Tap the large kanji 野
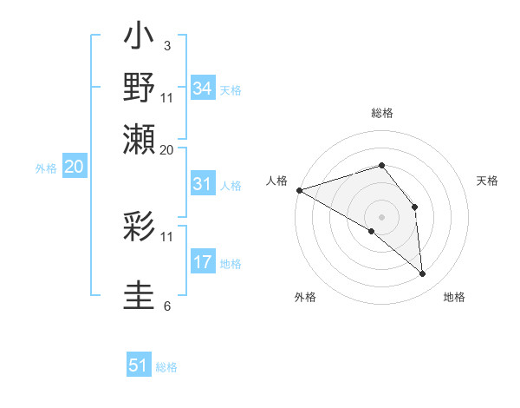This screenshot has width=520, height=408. (x=140, y=89)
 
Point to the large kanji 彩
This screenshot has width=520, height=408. (x=140, y=227)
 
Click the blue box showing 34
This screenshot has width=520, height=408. (x=203, y=88)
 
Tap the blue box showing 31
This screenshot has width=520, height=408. (x=203, y=184)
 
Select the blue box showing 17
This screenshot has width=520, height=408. (x=203, y=262)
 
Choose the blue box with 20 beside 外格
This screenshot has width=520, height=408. (x=74, y=168)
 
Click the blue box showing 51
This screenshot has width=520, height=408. (x=139, y=365)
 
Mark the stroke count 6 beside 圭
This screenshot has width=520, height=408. (x=166, y=306)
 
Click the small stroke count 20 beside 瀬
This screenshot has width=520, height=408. (x=167, y=149)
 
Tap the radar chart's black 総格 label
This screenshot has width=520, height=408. (x=381, y=113)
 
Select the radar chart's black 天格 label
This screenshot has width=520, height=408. (x=488, y=181)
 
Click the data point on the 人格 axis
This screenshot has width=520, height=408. (x=299, y=189)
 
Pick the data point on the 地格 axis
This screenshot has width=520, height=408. (x=423, y=274)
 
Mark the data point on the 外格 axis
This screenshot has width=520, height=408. (x=372, y=231)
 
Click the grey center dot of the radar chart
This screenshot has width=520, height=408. (x=381, y=216)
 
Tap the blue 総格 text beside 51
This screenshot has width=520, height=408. (x=166, y=367)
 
